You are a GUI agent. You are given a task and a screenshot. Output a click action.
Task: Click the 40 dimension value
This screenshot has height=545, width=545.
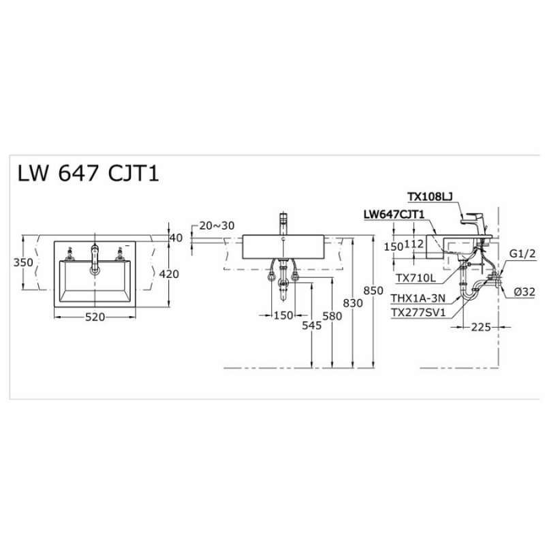pos(175,238)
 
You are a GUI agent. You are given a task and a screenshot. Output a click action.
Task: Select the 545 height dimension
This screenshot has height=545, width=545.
pos(311,326)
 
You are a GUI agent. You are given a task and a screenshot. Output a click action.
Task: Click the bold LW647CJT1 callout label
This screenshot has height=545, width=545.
pos(394,214)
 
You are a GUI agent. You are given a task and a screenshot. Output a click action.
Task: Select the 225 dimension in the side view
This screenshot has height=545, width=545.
pos(482,328)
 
